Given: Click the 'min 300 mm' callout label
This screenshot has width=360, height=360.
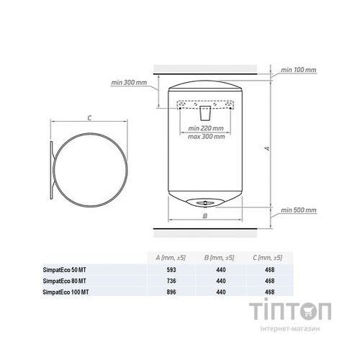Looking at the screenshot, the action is [129, 83].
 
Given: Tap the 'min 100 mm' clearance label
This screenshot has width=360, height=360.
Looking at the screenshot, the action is [299, 70].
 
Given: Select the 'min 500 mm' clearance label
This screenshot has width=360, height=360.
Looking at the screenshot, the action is [299, 210].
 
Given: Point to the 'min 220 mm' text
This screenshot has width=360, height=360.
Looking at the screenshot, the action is [206, 128].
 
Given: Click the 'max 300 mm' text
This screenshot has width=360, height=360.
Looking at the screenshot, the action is [206, 137].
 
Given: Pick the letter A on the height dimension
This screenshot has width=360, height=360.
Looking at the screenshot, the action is [268, 148].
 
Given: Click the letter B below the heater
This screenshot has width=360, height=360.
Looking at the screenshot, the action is [205, 216].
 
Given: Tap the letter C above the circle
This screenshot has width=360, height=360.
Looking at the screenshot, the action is [89, 118].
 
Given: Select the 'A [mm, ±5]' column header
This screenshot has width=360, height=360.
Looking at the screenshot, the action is [171, 258].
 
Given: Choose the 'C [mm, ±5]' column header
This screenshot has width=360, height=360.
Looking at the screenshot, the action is [267, 258].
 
